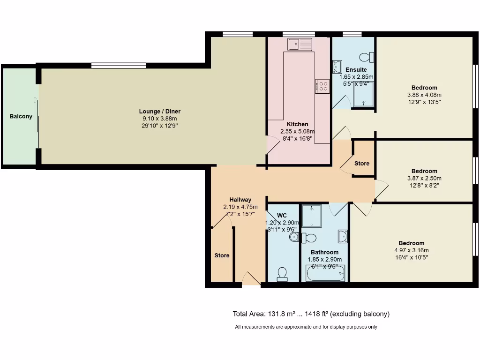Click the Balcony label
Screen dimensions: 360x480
(21, 116)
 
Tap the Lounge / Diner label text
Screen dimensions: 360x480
(159, 112)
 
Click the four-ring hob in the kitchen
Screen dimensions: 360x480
(323, 86)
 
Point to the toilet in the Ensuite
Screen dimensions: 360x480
(366, 57)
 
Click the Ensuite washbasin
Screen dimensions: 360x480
(337, 67)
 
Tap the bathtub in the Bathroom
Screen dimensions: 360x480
(325, 273)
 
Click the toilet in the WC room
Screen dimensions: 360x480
(282, 273)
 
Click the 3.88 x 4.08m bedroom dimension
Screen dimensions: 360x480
(424, 95)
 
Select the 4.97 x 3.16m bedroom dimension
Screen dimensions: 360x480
(412, 250)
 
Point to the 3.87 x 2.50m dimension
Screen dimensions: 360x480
(424, 178)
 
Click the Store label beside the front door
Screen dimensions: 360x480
(222, 255)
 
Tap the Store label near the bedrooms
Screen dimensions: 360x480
(362, 164)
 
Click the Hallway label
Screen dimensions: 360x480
(240, 200)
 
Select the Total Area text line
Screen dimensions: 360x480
(311, 314)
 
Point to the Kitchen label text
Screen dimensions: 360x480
(298, 124)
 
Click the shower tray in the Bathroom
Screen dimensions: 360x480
(311, 215)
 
